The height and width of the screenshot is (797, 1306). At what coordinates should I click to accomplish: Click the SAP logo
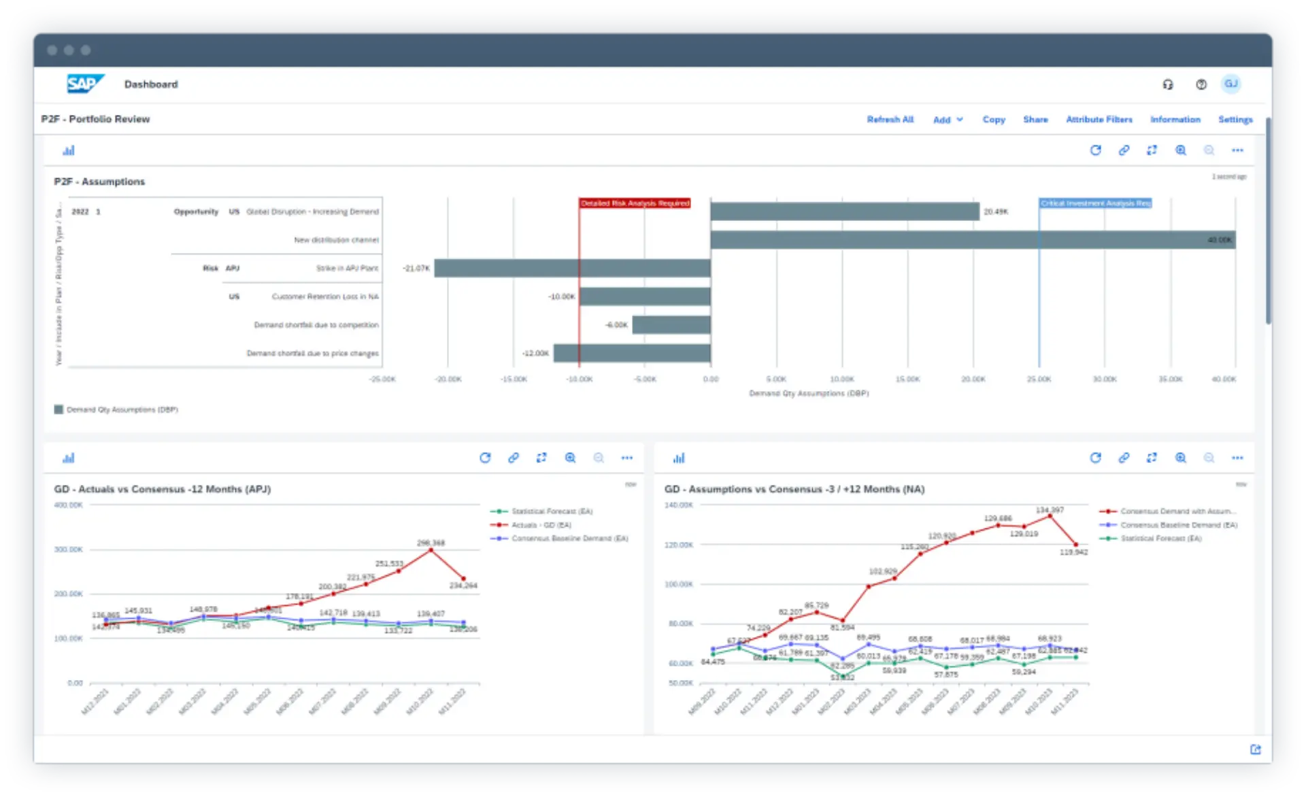(x=85, y=84)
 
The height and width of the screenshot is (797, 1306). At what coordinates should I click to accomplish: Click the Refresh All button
(x=890, y=120)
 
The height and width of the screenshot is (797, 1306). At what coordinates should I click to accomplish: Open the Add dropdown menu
(x=948, y=120)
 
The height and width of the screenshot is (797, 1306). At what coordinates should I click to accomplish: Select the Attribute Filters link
(x=1099, y=120)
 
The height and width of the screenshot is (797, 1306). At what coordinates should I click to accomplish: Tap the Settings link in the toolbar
(x=1235, y=120)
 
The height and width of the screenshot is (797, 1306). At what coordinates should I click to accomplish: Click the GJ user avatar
(x=1230, y=84)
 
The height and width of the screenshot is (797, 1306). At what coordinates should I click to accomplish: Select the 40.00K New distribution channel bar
(x=973, y=240)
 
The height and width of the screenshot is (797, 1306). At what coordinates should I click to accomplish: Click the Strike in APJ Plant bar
(x=572, y=268)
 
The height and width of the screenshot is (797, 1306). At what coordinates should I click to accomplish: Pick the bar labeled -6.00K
(x=671, y=325)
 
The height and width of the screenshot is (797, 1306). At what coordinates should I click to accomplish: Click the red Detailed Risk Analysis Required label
(x=635, y=203)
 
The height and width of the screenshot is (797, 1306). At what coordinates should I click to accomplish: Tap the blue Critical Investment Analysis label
(x=1095, y=203)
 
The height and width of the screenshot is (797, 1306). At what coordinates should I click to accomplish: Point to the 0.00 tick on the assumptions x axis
(x=710, y=379)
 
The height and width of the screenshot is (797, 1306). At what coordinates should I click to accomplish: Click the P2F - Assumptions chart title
(x=99, y=182)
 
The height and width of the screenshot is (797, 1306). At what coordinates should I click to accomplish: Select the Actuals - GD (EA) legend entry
(x=541, y=525)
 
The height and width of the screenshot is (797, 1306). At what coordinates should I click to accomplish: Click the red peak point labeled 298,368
(x=431, y=549)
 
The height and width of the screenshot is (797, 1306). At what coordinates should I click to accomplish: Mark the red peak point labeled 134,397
(x=1050, y=516)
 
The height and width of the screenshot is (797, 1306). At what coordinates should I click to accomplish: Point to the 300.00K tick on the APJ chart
(x=69, y=549)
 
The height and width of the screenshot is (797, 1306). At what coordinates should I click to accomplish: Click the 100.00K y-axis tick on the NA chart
(x=678, y=584)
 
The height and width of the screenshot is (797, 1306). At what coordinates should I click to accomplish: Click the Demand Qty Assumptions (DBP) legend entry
(x=122, y=409)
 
